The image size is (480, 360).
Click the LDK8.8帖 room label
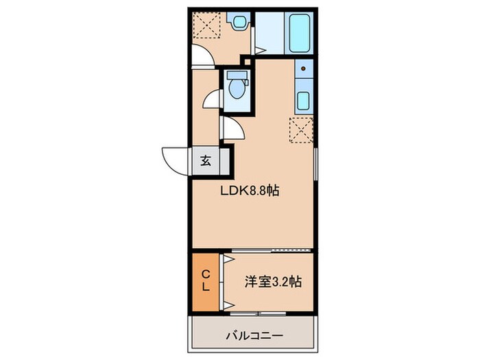pyautogui.click(x=249, y=193)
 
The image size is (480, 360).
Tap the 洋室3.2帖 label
pyautogui.click(x=274, y=281)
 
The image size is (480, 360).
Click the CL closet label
pyautogui.click(x=205, y=281)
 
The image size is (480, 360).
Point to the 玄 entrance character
pyautogui.click(x=205, y=162)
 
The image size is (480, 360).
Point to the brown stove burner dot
pyautogui.click(x=302, y=69)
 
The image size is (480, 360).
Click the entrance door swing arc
pyautogui.click(x=176, y=159)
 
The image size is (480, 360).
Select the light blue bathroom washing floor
pyautogui.click(x=269, y=32)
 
